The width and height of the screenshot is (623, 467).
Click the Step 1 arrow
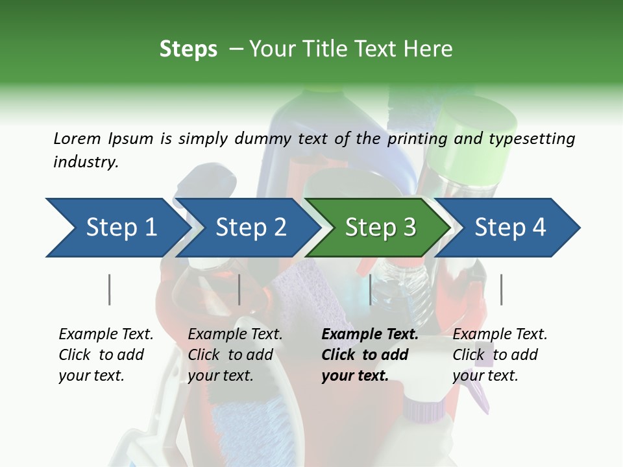tap(117, 228)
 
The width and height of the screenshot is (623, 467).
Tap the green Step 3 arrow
tap(379, 228)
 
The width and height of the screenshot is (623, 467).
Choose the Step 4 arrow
tap(510, 228)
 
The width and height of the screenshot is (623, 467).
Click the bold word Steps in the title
tap(188, 49)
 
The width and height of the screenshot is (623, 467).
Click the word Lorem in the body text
tap(77, 138)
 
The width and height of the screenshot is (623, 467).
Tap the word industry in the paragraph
tap(85, 162)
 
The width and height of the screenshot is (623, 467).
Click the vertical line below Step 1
tap(110, 289)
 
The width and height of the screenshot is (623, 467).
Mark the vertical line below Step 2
tap(239, 289)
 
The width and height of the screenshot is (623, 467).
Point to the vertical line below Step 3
tap(370, 289)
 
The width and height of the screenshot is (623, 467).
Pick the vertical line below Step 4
tap(501, 289)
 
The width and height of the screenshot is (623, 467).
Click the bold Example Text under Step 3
tap(370, 334)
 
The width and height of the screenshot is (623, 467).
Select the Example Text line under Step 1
tap(106, 334)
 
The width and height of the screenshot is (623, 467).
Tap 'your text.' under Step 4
tap(485, 376)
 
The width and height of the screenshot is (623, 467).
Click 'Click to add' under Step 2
tap(230, 355)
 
